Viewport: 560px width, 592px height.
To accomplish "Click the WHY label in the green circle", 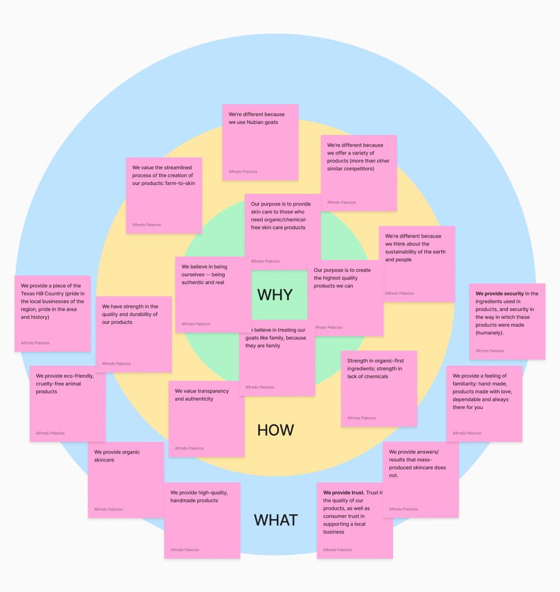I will coord(274,295).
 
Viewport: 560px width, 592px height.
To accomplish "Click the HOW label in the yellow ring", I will coord(276,430).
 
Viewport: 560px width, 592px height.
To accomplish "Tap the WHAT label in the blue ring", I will coord(276,520).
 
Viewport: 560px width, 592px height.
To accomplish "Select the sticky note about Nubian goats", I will coord(260,142).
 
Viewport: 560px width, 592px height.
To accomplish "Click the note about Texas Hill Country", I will coord(52,313).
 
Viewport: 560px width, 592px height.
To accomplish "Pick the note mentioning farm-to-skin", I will coord(164,195).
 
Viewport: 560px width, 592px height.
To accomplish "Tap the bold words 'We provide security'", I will coord(500,293).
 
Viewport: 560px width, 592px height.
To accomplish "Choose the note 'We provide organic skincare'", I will coord(125,480).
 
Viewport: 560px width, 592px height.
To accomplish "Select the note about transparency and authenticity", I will coord(206,419).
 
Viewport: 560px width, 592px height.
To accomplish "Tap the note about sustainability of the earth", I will coord(417,264).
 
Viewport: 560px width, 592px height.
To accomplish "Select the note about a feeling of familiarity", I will coord(484,404).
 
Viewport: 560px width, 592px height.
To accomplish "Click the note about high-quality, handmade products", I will coord(202,520).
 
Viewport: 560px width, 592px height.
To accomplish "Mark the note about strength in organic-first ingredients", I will coord(379,389).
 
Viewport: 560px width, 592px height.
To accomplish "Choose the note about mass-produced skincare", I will coord(420,479).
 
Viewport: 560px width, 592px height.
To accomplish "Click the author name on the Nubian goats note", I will coord(243,171).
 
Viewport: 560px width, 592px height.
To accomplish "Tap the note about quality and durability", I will coord(133,334).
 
